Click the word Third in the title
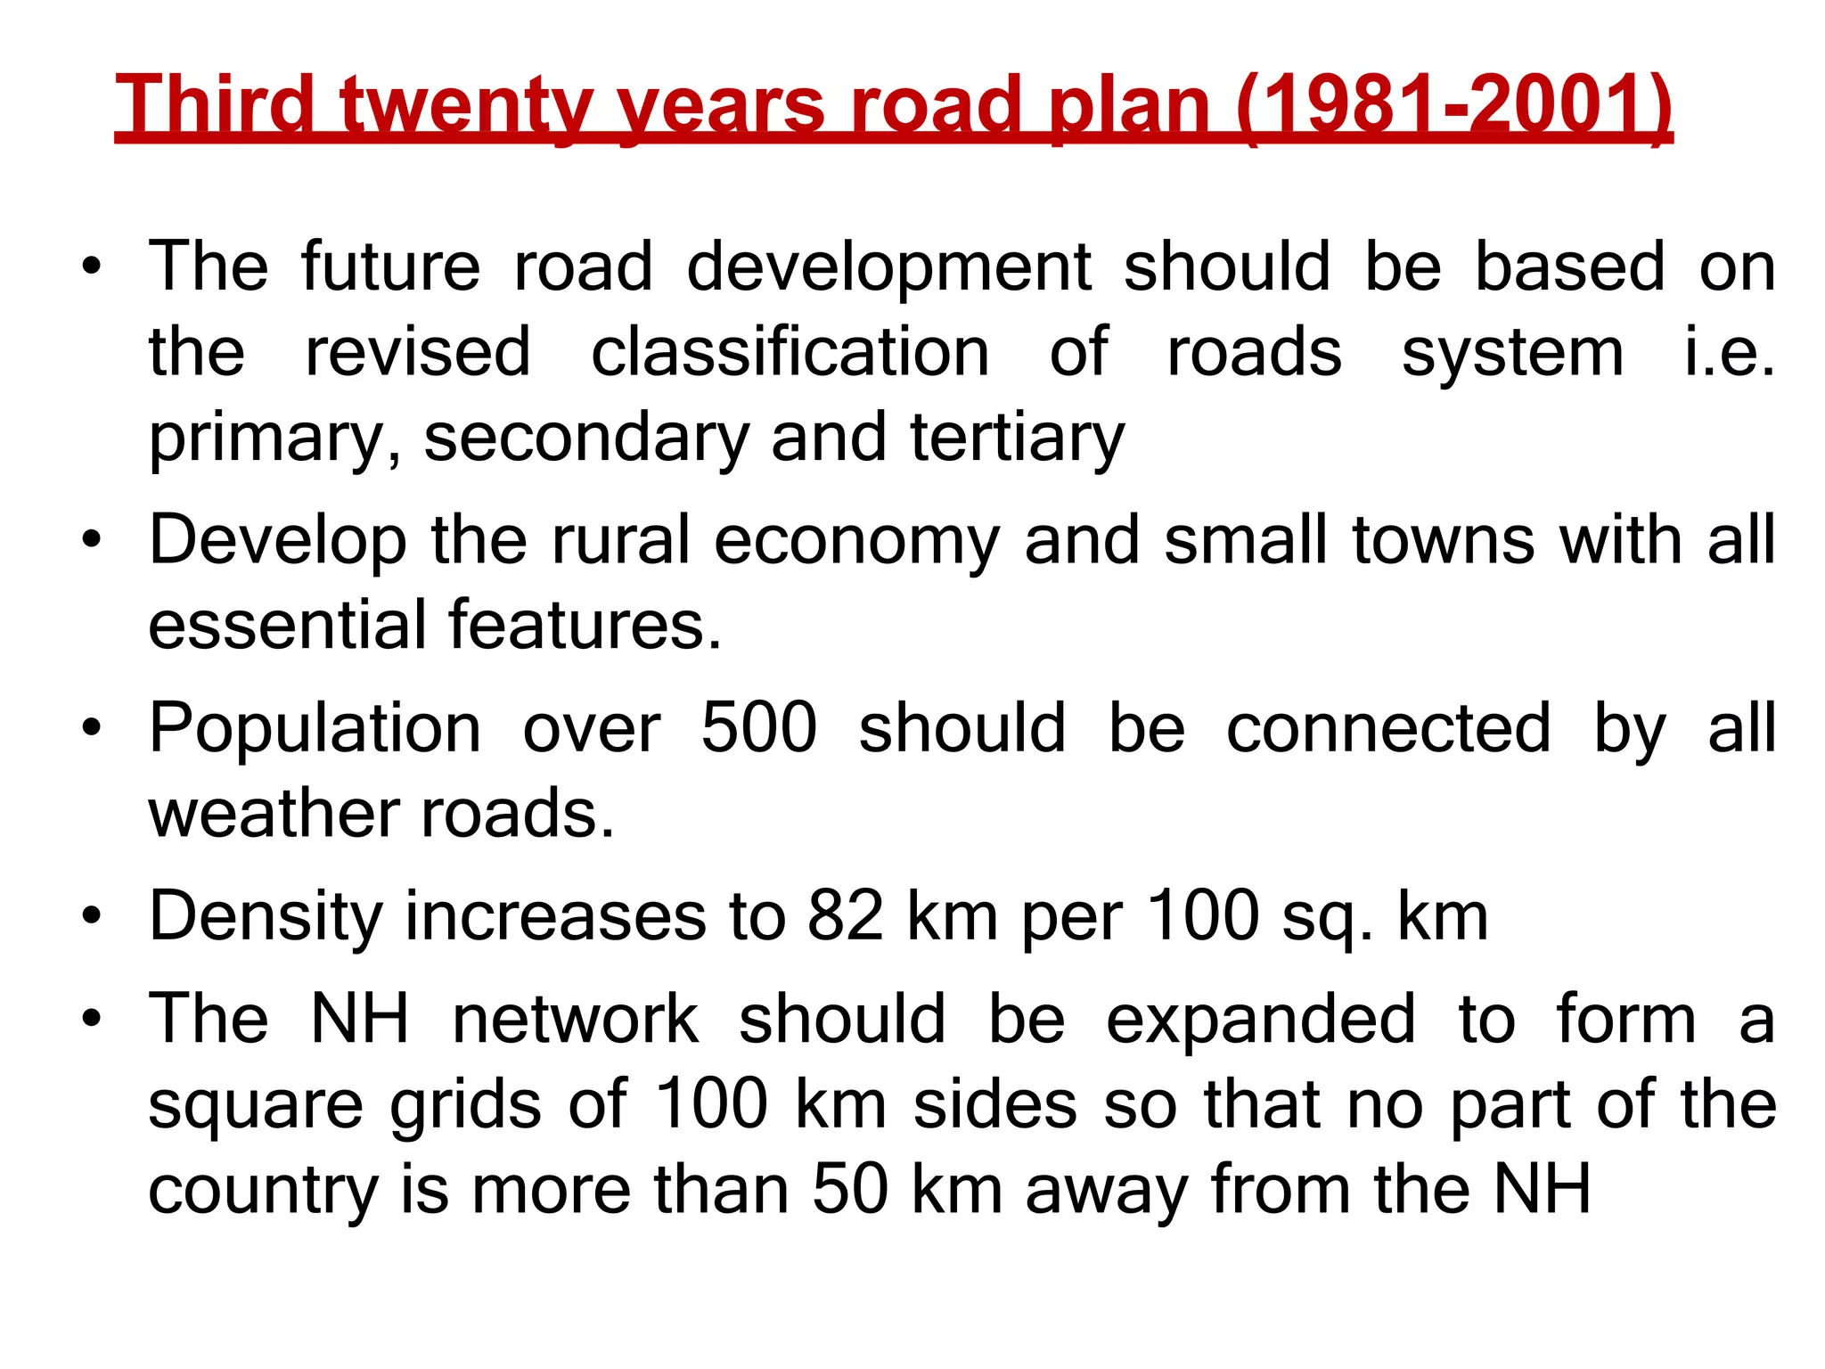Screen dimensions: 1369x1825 point(215,104)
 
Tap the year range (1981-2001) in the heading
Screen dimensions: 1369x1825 point(1453,104)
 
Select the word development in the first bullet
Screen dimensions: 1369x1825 point(888,267)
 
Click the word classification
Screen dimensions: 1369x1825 point(790,352)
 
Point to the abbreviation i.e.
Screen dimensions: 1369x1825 point(1729,352)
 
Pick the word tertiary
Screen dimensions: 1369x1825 point(1017,439)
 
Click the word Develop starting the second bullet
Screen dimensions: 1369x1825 point(277,541)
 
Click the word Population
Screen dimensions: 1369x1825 point(315,730)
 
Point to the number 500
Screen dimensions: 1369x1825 point(758,728)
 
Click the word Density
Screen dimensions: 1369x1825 point(265,917)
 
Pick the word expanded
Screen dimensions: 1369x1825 point(1260,1021)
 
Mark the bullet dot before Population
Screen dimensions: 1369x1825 point(91,729)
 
